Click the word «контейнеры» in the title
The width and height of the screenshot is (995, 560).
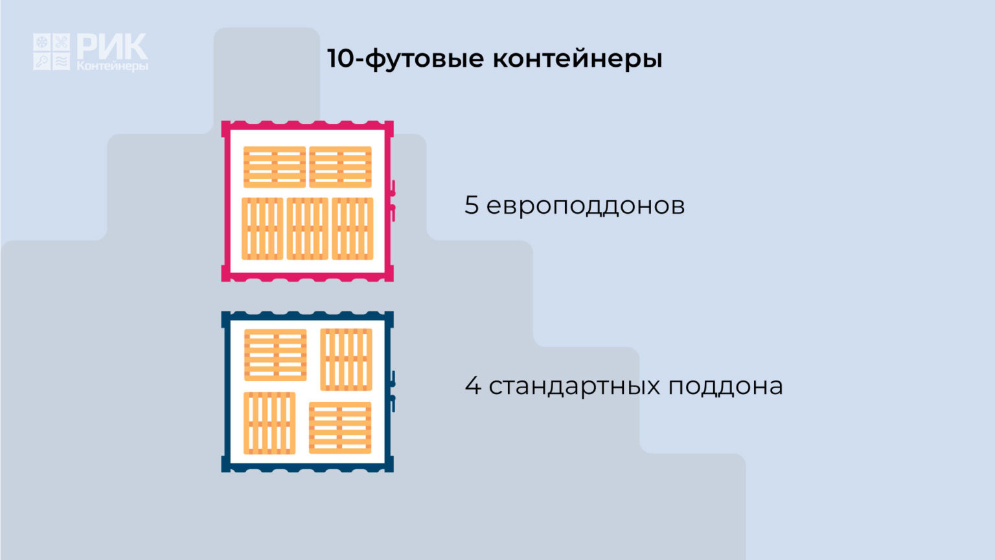(577, 59)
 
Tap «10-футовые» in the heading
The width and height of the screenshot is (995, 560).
(405, 59)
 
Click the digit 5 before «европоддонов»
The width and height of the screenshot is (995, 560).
(472, 205)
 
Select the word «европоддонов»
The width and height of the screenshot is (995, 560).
(586, 207)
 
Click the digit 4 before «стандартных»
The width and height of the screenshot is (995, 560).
(473, 386)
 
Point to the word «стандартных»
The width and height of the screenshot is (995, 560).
(575, 387)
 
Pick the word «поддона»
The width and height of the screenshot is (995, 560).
(726, 387)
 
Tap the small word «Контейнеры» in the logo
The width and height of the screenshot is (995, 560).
(112, 66)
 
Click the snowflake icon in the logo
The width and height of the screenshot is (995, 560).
(41, 42)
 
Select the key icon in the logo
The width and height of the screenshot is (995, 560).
(41, 62)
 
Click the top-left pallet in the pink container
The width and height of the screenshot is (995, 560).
(275, 167)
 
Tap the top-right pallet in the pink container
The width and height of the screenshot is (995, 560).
(340, 167)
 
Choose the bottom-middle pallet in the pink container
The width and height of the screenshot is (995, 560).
(308, 228)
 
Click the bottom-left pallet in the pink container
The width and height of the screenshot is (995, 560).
(262, 228)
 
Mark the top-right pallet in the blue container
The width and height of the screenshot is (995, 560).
(346, 360)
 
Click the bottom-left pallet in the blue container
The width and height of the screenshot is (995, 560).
(269, 423)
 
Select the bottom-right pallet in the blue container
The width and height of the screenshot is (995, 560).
(340, 428)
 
